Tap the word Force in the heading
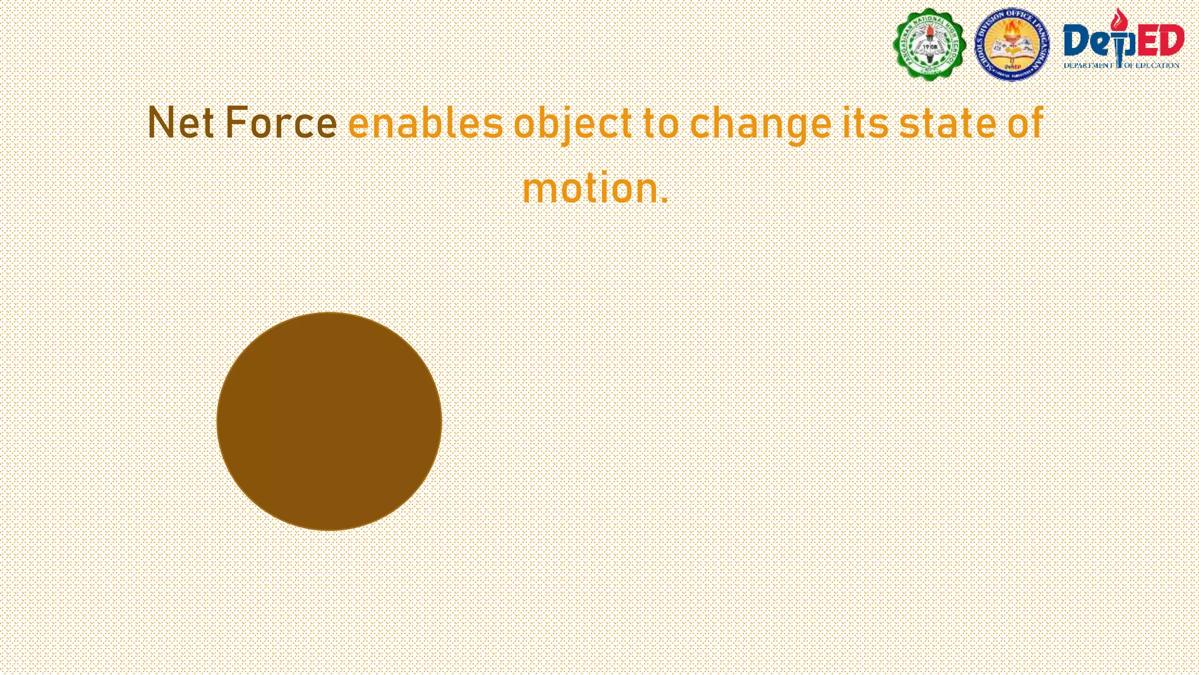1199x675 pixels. (x=281, y=123)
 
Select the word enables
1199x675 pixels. (x=426, y=123)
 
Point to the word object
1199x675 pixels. (x=573, y=124)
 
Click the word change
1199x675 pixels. (x=760, y=124)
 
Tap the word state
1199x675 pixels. (x=947, y=123)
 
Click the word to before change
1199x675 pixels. (x=661, y=123)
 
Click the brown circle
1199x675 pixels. (x=329, y=421)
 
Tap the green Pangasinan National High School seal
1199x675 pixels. (x=929, y=44)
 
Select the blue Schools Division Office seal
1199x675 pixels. (x=1012, y=44)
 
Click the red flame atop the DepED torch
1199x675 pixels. (x=1119, y=21)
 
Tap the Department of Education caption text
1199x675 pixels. (x=1121, y=65)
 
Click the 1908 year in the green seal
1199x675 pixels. (x=930, y=46)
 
